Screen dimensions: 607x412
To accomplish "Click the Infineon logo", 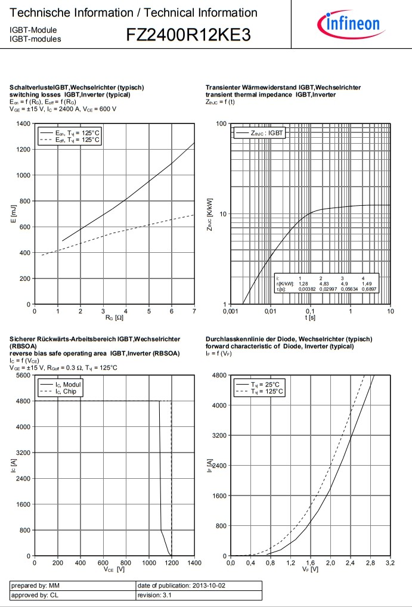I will (352, 24).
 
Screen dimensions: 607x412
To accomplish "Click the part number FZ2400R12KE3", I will (188, 36).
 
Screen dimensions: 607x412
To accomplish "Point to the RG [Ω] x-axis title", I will (114, 318).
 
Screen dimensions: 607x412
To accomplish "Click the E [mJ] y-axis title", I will (13, 213).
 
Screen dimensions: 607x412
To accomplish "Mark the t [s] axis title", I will (311, 318).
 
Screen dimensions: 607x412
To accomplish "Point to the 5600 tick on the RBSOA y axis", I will (23, 375).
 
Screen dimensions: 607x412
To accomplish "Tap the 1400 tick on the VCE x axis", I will (194, 563).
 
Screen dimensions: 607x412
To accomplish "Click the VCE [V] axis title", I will (114, 569).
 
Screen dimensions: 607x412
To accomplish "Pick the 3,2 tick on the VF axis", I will (390, 563).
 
